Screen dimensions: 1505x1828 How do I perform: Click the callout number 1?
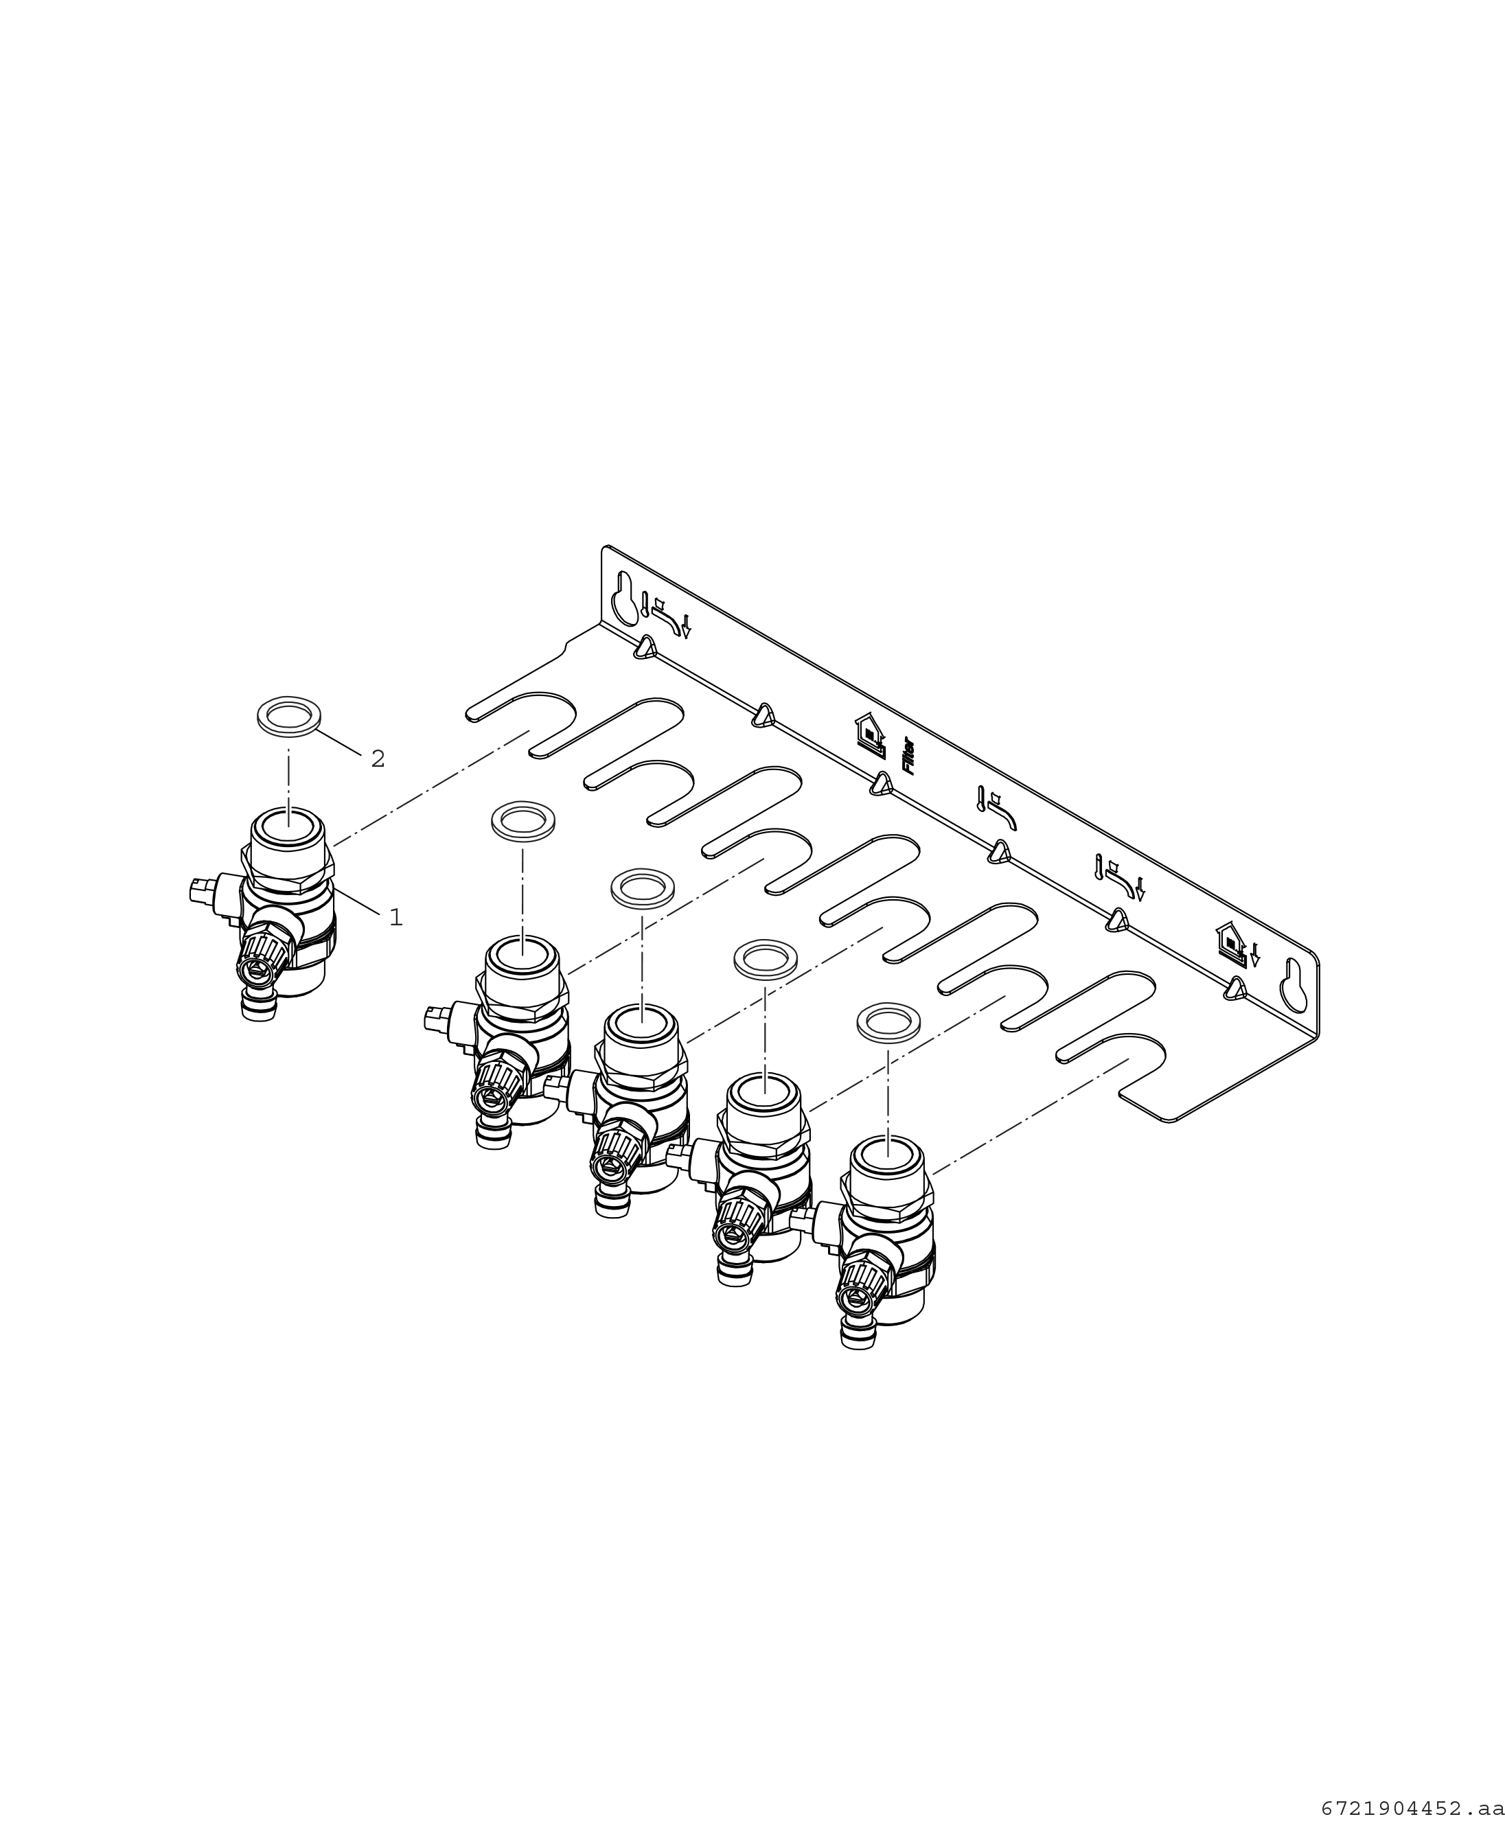point(396,917)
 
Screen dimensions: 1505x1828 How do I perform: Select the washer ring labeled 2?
point(288,716)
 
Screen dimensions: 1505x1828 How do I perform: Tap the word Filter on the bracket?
point(908,755)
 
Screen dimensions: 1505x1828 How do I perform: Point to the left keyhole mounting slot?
point(623,597)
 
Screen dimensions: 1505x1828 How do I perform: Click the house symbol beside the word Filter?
point(869,730)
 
